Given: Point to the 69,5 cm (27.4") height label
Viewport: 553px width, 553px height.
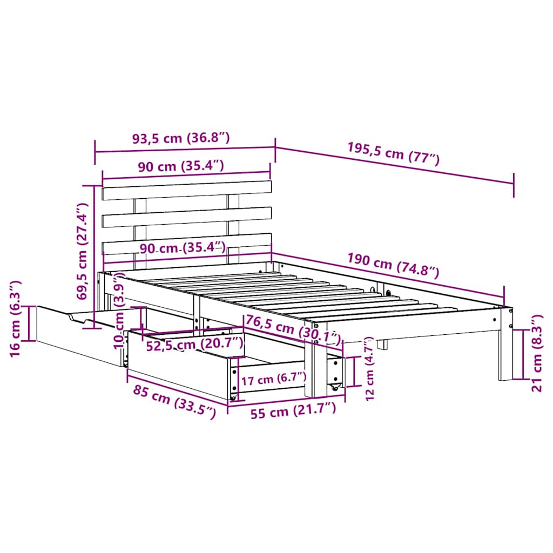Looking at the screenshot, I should (82, 251).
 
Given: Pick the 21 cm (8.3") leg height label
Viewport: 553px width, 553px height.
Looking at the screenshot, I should (536, 354).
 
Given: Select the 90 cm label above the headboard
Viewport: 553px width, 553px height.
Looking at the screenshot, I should (180, 166).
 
